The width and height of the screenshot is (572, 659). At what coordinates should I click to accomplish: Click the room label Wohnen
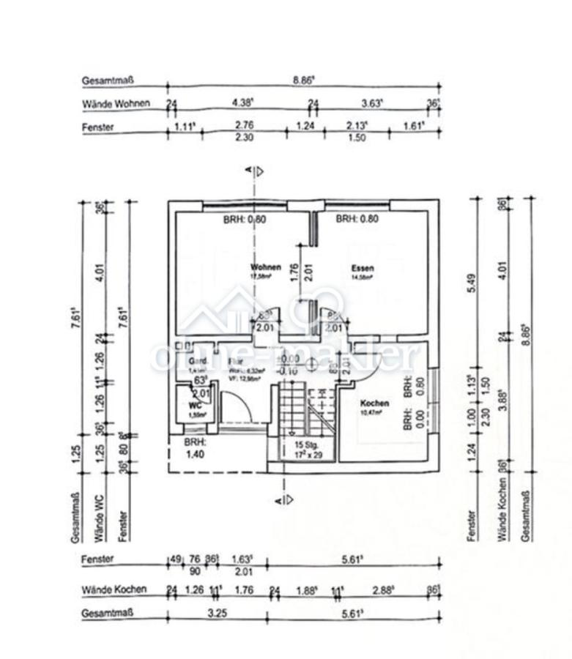point(265,267)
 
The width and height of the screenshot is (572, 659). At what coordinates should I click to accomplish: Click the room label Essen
point(362,268)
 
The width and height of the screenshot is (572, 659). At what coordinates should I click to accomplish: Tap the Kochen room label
point(374,403)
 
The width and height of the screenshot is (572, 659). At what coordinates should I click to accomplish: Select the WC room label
point(195,404)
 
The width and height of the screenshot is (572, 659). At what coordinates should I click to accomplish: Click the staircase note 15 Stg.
point(303,444)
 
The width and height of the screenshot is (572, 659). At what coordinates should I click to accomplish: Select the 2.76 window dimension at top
point(243,126)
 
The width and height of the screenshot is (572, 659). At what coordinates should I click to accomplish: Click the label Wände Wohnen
point(116,103)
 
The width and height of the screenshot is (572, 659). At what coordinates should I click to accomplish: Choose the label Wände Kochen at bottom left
point(114,589)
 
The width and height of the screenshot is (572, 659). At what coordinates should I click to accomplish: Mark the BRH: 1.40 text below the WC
point(194,449)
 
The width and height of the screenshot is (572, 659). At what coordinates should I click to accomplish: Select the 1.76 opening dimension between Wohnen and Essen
point(294,272)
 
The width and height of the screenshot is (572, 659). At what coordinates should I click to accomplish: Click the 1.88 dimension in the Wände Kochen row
point(305,589)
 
